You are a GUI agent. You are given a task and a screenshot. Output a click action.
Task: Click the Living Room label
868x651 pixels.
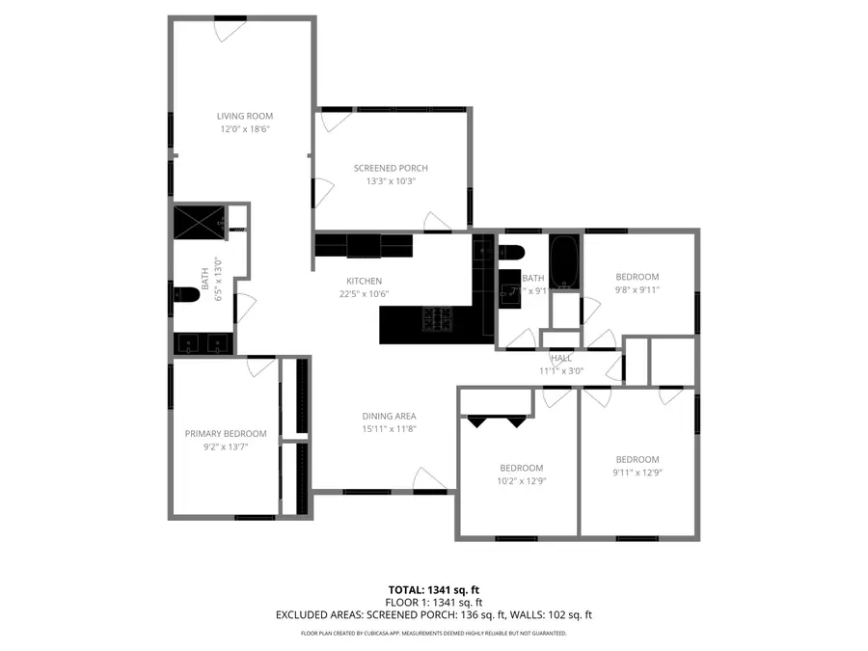point(242,116)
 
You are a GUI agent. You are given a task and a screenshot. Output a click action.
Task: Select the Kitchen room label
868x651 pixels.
point(365,281)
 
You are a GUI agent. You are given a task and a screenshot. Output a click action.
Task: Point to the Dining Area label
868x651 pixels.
point(389,416)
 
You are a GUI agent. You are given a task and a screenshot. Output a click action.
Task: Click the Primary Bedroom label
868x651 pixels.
point(225,434)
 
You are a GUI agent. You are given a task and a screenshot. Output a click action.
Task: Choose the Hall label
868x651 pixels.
point(561,358)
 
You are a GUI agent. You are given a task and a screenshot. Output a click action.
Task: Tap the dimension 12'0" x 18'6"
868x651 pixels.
point(242,128)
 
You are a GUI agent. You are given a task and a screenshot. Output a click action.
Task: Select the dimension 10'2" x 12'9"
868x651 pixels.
point(520,480)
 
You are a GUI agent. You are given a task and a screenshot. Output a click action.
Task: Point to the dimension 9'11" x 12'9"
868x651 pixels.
point(637,472)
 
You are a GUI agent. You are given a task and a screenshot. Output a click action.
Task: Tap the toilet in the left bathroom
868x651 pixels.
point(185,293)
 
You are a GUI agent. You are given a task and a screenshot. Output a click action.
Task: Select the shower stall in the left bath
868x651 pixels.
point(199,222)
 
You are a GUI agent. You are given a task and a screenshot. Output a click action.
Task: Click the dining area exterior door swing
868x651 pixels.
point(430,479)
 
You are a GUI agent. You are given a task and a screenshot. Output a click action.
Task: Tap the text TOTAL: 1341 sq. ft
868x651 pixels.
point(433,588)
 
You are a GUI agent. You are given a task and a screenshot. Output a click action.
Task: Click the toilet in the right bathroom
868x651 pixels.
point(510,254)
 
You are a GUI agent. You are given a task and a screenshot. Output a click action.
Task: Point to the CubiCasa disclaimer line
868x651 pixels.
point(433,634)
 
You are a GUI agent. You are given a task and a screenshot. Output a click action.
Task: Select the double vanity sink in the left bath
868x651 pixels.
point(203,342)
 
